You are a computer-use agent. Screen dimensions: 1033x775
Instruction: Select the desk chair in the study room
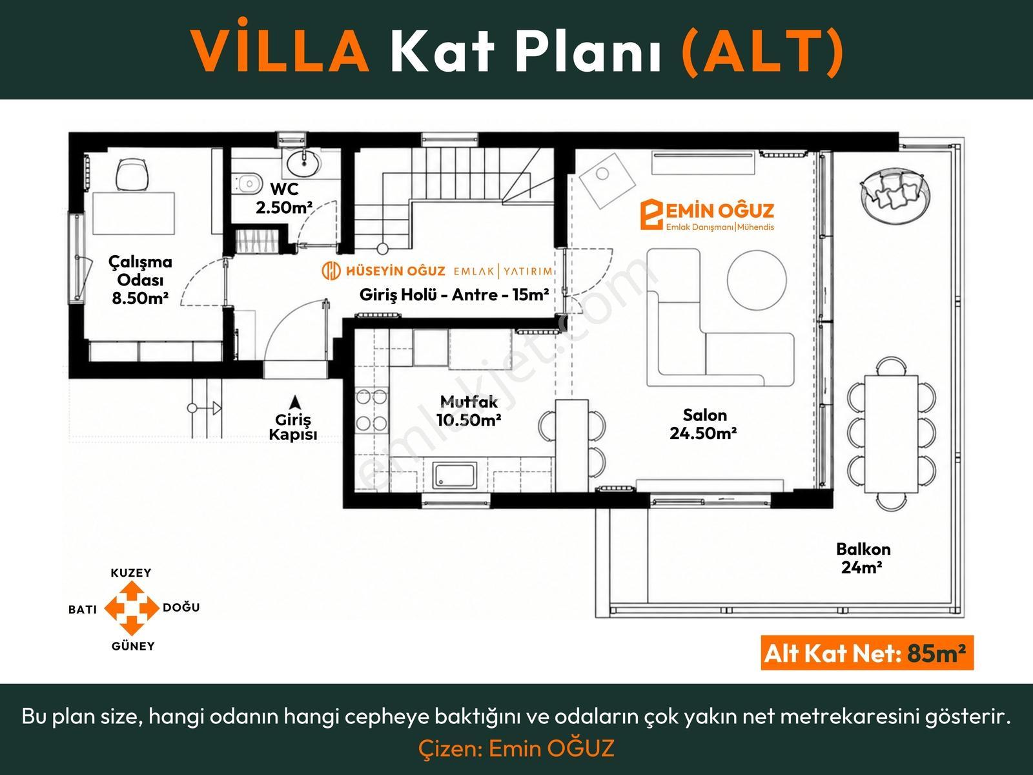pyautogui.click(x=133, y=174)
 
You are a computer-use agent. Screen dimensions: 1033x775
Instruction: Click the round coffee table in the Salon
pyautogui.click(x=756, y=280)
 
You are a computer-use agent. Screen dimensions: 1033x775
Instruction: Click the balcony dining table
pyautogui.click(x=892, y=433)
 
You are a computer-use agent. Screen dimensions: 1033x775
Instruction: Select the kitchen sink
pyautogui.click(x=455, y=475)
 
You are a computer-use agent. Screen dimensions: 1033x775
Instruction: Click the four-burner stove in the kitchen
pyautogui.click(x=371, y=410)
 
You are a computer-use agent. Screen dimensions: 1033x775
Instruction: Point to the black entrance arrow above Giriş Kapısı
pyautogui.click(x=295, y=402)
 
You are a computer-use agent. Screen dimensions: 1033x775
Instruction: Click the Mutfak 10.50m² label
pyautogui.click(x=468, y=411)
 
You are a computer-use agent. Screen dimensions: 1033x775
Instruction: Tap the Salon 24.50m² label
pyautogui.click(x=703, y=424)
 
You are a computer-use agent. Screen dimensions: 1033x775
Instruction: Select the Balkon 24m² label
pyautogui.click(x=863, y=558)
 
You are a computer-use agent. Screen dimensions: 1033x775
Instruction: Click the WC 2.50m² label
pyautogui.click(x=284, y=198)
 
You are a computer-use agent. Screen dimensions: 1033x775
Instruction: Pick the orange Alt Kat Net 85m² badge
pyautogui.click(x=867, y=653)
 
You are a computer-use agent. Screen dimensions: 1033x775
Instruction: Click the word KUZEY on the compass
pyautogui.click(x=131, y=573)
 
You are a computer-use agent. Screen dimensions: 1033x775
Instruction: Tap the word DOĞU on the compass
pyautogui.click(x=181, y=608)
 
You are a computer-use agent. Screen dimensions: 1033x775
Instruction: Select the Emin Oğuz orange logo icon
pyautogui.click(x=651, y=214)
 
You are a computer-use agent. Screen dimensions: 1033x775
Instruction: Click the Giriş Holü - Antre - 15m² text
pyautogui.click(x=454, y=294)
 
